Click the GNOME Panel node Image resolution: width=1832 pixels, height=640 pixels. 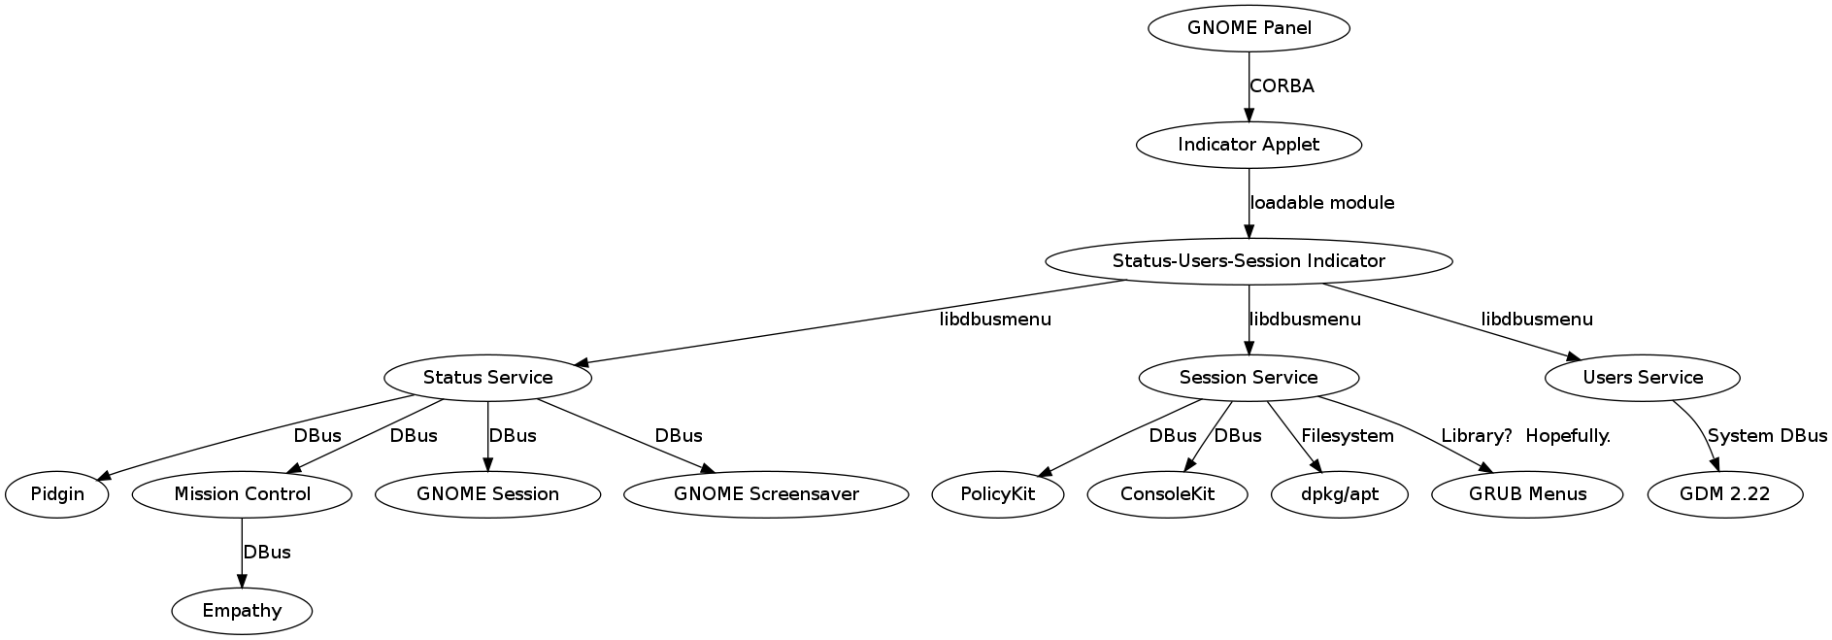[1249, 28]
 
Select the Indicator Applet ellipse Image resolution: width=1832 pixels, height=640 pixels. [1249, 145]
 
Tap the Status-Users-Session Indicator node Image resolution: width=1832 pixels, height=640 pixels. [1249, 261]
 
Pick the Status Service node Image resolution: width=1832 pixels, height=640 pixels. [487, 378]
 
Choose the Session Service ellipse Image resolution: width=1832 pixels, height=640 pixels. [1249, 378]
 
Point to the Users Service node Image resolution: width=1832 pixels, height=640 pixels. [1643, 378]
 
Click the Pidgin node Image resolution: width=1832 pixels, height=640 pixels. [57, 494]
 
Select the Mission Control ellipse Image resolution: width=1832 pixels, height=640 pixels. [242, 494]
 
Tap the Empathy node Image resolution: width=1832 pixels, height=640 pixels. [242, 611]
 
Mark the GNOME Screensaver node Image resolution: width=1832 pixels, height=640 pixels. [766, 494]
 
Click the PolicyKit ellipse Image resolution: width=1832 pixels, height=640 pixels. [998, 494]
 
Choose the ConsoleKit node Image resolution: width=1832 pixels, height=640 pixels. [1168, 494]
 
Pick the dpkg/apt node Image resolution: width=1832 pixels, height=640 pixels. [1340, 494]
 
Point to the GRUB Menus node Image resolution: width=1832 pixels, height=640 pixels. [1527, 494]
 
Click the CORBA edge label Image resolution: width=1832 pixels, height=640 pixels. [1282, 86]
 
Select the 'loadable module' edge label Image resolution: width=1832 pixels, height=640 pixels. [1322, 203]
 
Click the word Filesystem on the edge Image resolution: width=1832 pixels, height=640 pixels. [1348, 436]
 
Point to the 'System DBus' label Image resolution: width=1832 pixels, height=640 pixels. [1767, 436]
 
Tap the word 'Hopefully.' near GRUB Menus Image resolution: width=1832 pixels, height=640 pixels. [1568, 436]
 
